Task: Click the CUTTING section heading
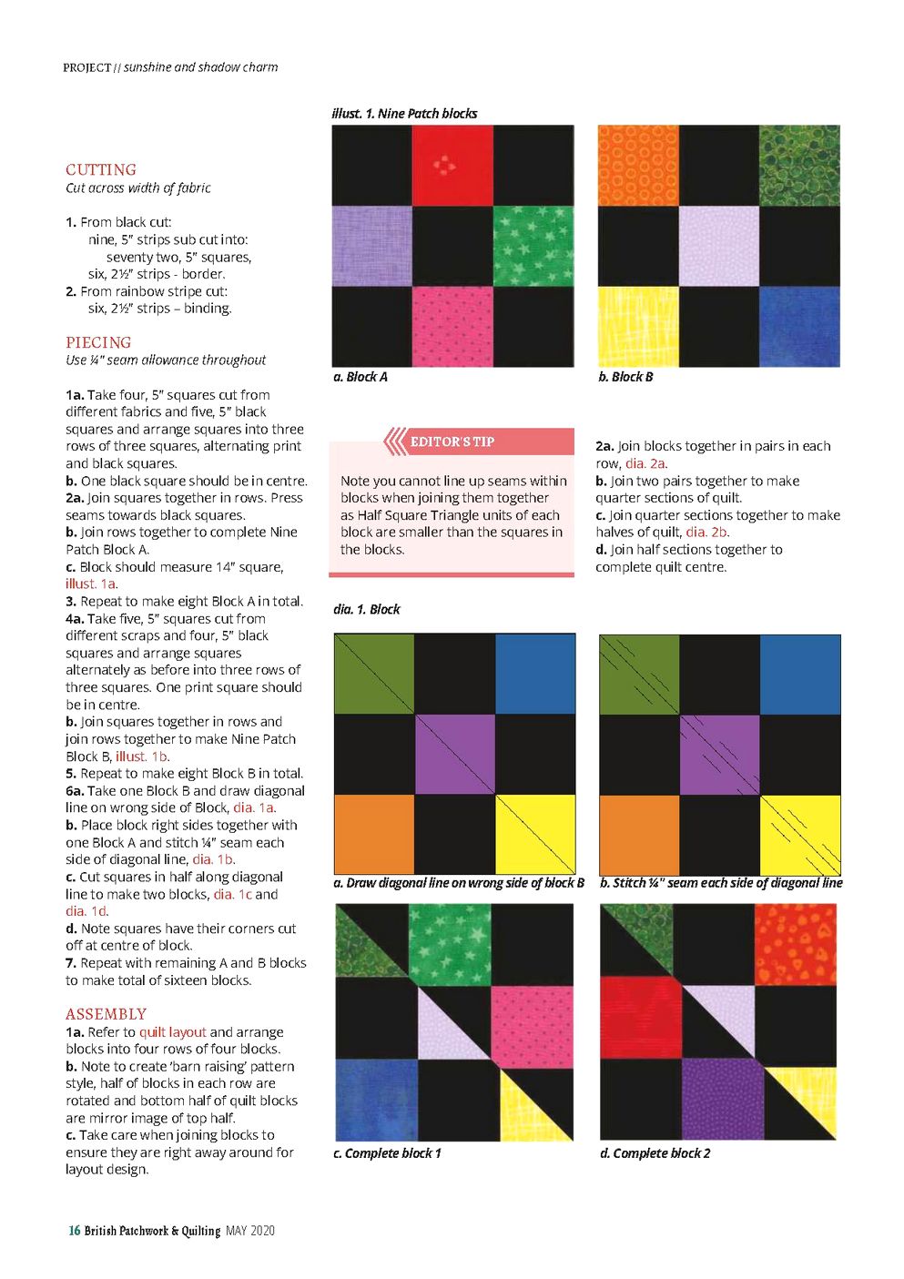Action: click(101, 169)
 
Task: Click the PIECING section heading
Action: click(98, 342)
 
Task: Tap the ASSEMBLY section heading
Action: click(106, 1014)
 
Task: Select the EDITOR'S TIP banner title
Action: click(452, 442)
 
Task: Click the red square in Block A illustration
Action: click(452, 165)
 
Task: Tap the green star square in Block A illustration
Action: click(533, 246)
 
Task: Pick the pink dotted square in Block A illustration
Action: click(452, 327)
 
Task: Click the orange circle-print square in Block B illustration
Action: click(638, 165)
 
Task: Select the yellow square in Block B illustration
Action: click(638, 327)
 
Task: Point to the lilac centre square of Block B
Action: click(719, 246)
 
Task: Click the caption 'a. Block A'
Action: click(361, 377)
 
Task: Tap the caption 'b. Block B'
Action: click(625, 377)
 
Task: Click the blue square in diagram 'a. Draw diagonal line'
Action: click(535, 674)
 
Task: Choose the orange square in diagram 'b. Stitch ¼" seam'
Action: click(639, 835)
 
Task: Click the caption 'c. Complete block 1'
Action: click(387, 1153)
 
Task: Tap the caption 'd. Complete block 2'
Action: click(655, 1153)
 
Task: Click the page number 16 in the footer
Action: click(74, 1231)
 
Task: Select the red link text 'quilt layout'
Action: click(173, 1032)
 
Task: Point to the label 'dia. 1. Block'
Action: click(366, 609)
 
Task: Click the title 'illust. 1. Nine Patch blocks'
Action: click(404, 114)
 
